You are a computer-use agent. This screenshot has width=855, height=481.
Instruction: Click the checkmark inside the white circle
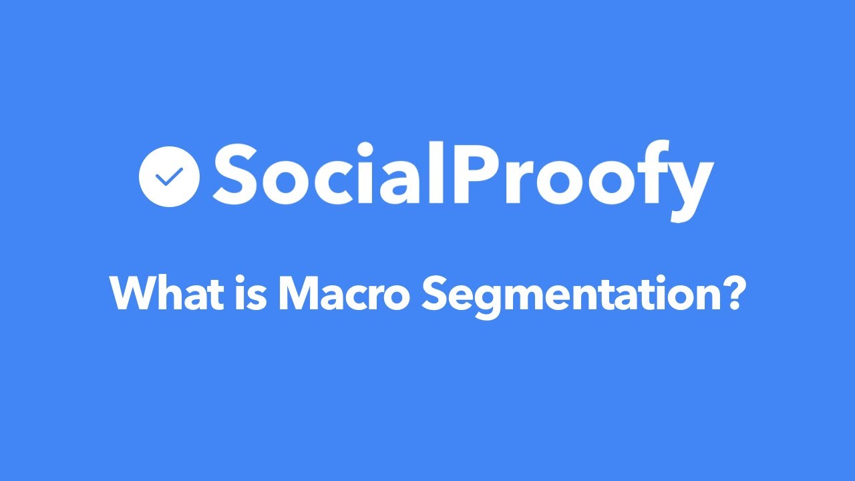click(169, 176)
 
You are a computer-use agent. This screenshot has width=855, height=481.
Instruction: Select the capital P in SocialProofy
click(470, 173)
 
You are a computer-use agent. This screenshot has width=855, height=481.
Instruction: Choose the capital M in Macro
click(300, 293)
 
